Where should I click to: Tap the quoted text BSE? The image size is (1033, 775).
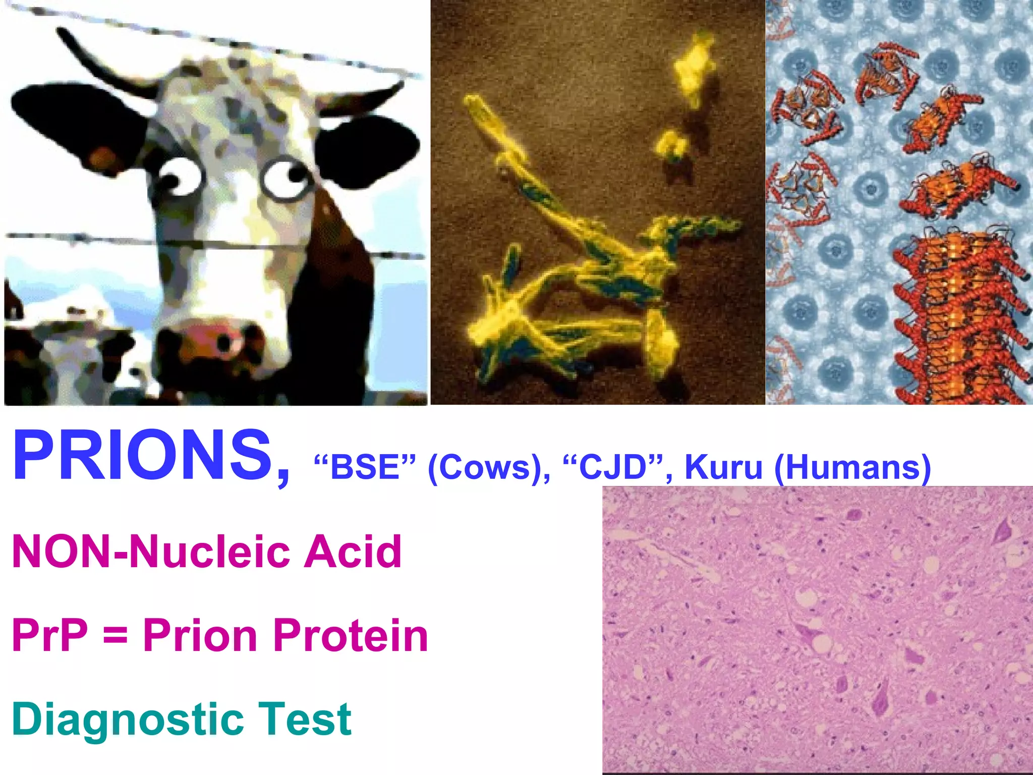(364, 467)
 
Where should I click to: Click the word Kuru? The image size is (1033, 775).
(723, 467)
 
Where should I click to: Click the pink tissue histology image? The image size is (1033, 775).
(817, 631)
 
